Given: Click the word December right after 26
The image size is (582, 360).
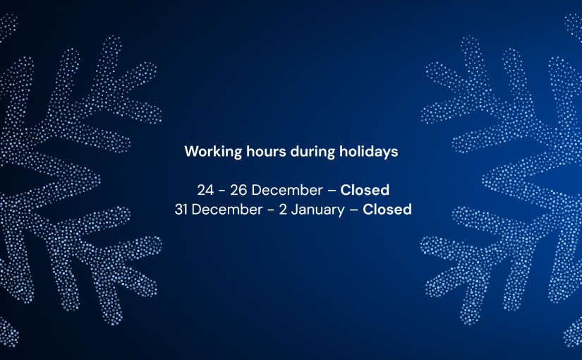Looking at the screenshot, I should pos(285,190).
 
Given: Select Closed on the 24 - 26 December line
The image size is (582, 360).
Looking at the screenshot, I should pos(365,190).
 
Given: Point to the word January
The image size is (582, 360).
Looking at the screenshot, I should pos(314,210).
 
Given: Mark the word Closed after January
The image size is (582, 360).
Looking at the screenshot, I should pos(387,210).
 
